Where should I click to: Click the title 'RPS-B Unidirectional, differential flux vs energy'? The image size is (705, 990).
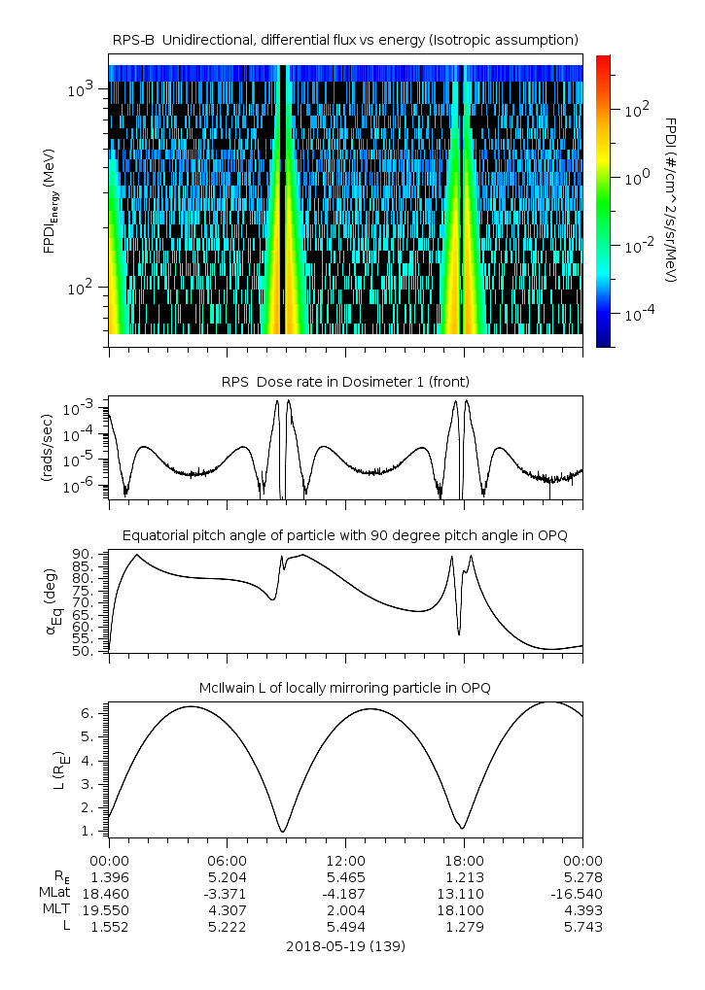pyautogui.click(x=345, y=39)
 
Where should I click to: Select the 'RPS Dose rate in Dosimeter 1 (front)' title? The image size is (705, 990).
pyautogui.click(x=345, y=381)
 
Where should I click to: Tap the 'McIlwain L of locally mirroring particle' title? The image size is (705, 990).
pyautogui.click(x=345, y=688)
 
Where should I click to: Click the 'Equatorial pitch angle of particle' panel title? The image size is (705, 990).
pyautogui.click(x=345, y=535)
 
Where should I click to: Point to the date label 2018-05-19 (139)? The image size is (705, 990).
pyautogui.click(x=345, y=945)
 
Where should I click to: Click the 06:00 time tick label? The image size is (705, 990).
pyautogui.click(x=228, y=861)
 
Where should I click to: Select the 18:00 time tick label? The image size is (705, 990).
pyautogui.click(x=464, y=861)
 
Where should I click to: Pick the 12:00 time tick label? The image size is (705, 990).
pyautogui.click(x=345, y=861)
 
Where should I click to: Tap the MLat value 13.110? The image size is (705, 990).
pyautogui.click(x=464, y=894)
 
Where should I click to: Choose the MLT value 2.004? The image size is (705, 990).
pyautogui.click(x=345, y=910)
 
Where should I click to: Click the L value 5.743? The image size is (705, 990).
pyautogui.click(x=582, y=927)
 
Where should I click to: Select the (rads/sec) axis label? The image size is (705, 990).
pyautogui.click(x=47, y=448)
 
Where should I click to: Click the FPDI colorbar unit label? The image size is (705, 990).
pyautogui.click(x=670, y=199)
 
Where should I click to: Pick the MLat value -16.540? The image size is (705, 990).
pyautogui.click(x=581, y=894)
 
